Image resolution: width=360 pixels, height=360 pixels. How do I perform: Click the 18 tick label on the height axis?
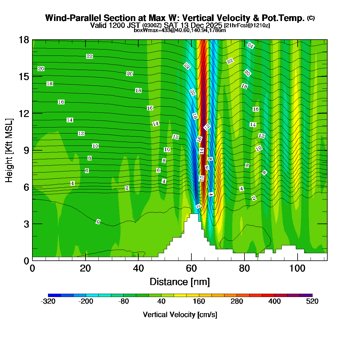coord(24,40)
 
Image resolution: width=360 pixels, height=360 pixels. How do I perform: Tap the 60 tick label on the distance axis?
coord(191,268)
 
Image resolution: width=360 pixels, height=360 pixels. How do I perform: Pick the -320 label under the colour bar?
coord(48,301)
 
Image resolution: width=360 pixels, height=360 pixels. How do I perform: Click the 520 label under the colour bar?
coord(312,301)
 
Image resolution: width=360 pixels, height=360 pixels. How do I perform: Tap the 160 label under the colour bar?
coord(199,301)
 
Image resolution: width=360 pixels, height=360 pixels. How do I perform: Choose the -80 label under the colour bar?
coord(124,301)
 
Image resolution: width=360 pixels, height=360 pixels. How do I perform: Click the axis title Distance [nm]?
coord(180,282)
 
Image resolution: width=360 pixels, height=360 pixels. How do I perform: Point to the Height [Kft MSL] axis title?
coord(9,150)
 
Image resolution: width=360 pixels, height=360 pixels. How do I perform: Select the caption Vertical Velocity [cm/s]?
coord(180,315)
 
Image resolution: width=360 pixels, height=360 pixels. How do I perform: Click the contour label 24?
coord(250,46)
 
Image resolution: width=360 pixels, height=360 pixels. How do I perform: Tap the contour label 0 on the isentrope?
coord(98,222)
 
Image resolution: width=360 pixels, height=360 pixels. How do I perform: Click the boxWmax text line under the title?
coord(180,30)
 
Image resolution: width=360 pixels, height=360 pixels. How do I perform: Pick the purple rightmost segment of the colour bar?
coord(306,295)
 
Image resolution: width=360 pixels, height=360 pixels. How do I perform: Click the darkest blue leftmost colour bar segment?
coord(54,295)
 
